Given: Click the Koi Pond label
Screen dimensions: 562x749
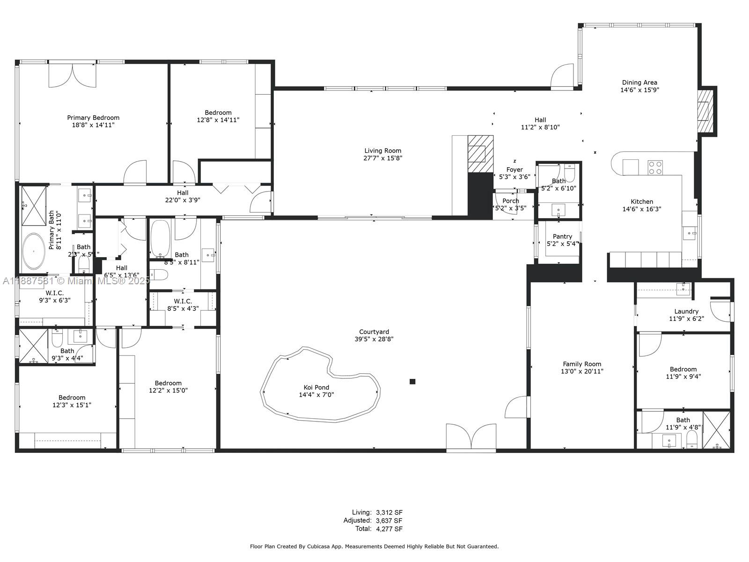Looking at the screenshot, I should click(x=316, y=387).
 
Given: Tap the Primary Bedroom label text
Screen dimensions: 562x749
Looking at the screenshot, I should click(x=93, y=118).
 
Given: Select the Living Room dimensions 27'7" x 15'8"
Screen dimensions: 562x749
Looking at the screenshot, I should click(x=383, y=158).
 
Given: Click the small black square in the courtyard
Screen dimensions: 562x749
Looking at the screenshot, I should click(x=412, y=382).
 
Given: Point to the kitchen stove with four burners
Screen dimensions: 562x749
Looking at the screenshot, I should click(x=655, y=167).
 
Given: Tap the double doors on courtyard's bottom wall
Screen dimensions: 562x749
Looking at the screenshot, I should click(x=471, y=437).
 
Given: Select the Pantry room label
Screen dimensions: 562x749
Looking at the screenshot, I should click(x=562, y=237).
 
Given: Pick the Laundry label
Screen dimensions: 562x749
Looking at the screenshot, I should click(x=686, y=311).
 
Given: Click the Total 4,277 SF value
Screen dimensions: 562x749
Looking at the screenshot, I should click(x=389, y=529).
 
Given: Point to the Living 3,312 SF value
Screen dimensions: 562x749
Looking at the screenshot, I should click(x=389, y=512).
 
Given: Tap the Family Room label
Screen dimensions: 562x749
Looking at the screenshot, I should click(x=582, y=364).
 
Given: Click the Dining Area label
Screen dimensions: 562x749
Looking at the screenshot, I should click(x=639, y=82).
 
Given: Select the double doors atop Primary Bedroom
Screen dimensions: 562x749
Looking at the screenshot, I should click(x=73, y=75).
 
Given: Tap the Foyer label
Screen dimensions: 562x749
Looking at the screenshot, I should click(x=514, y=170).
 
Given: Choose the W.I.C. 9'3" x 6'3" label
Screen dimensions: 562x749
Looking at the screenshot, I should click(x=54, y=293).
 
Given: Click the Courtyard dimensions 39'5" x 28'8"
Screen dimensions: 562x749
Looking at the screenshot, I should click(x=374, y=339).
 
